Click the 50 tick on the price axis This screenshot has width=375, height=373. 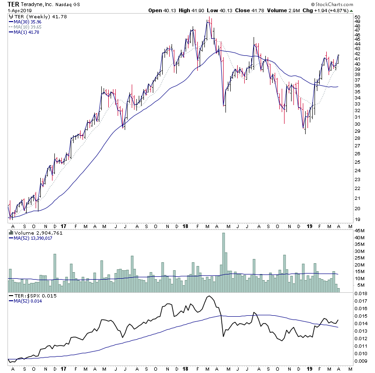(x=357, y=17)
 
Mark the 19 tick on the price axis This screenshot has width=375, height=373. (x=357, y=220)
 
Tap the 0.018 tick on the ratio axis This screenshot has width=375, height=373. (x=360, y=294)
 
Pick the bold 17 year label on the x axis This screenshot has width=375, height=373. (x=63, y=368)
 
